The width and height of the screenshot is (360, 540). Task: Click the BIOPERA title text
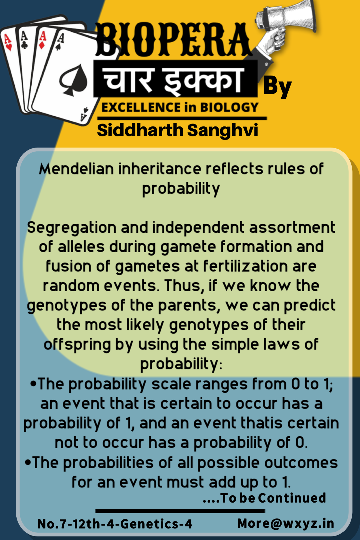click(x=173, y=40)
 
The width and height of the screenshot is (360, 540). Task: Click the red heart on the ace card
click(x=9, y=47)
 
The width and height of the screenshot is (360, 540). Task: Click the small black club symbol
click(x=24, y=45)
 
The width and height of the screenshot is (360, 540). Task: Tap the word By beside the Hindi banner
click(x=278, y=87)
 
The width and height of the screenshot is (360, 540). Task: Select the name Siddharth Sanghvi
click(x=177, y=130)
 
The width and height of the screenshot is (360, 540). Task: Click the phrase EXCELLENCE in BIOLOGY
click(x=180, y=107)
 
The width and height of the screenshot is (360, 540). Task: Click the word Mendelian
click(x=76, y=169)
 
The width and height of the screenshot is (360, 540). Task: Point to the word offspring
click(x=77, y=345)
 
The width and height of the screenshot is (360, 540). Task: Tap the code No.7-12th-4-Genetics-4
click(x=115, y=524)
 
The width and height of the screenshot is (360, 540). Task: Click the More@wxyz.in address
click(x=286, y=523)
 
